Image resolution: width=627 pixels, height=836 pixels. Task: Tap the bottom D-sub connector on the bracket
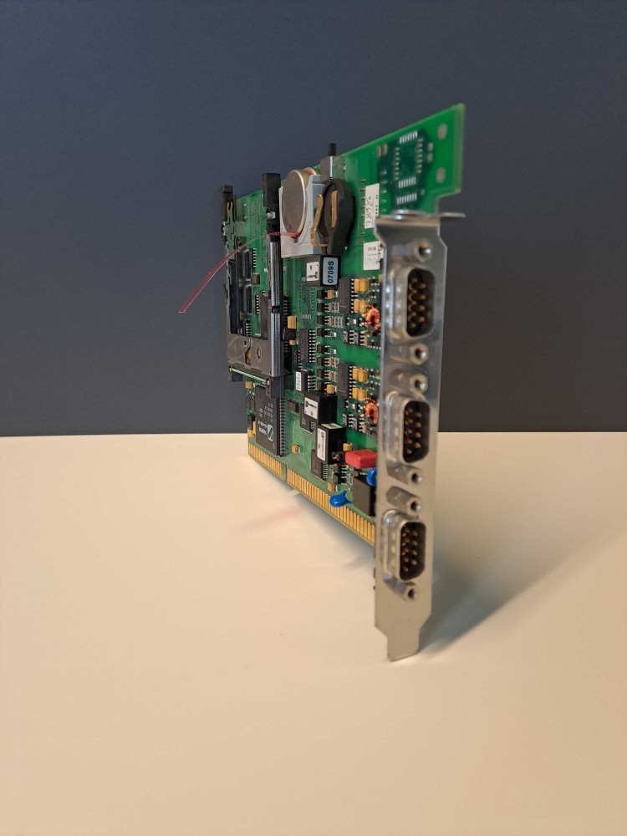click(408, 548)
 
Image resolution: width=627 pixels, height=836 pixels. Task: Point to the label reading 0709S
click(330, 270)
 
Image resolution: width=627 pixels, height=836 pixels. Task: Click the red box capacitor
click(360, 458)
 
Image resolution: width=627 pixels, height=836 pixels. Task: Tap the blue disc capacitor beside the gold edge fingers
click(339, 500)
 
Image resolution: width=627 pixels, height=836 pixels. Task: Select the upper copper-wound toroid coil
click(372, 317)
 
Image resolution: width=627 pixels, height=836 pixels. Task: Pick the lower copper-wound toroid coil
click(372, 411)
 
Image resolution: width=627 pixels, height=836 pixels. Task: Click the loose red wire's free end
click(181, 311)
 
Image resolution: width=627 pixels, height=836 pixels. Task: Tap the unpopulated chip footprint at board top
click(408, 167)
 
